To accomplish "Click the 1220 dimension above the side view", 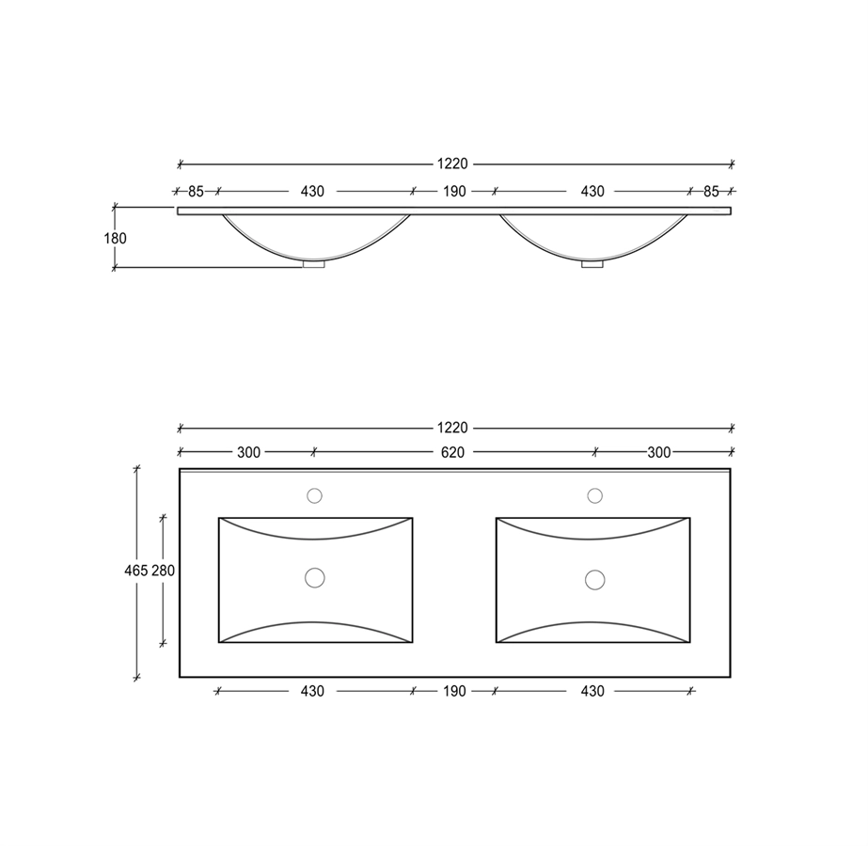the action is [452, 164].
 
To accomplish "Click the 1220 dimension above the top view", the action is [452, 428].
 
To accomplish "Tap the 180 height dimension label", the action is [115, 239].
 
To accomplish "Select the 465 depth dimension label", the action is [135, 571].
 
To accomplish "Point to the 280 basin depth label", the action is [164, 571].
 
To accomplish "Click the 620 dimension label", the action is [452, 452].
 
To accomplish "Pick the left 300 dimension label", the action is [248, 452].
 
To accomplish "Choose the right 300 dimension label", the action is [658, 452].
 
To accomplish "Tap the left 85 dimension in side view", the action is [196, 192].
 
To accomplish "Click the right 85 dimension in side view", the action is [711, 192].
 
